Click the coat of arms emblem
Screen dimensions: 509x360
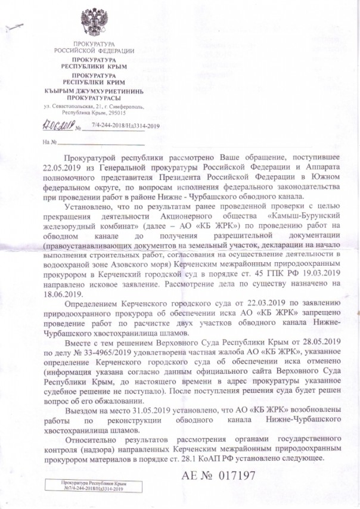point(94,22)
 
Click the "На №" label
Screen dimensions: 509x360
point(49,142)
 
